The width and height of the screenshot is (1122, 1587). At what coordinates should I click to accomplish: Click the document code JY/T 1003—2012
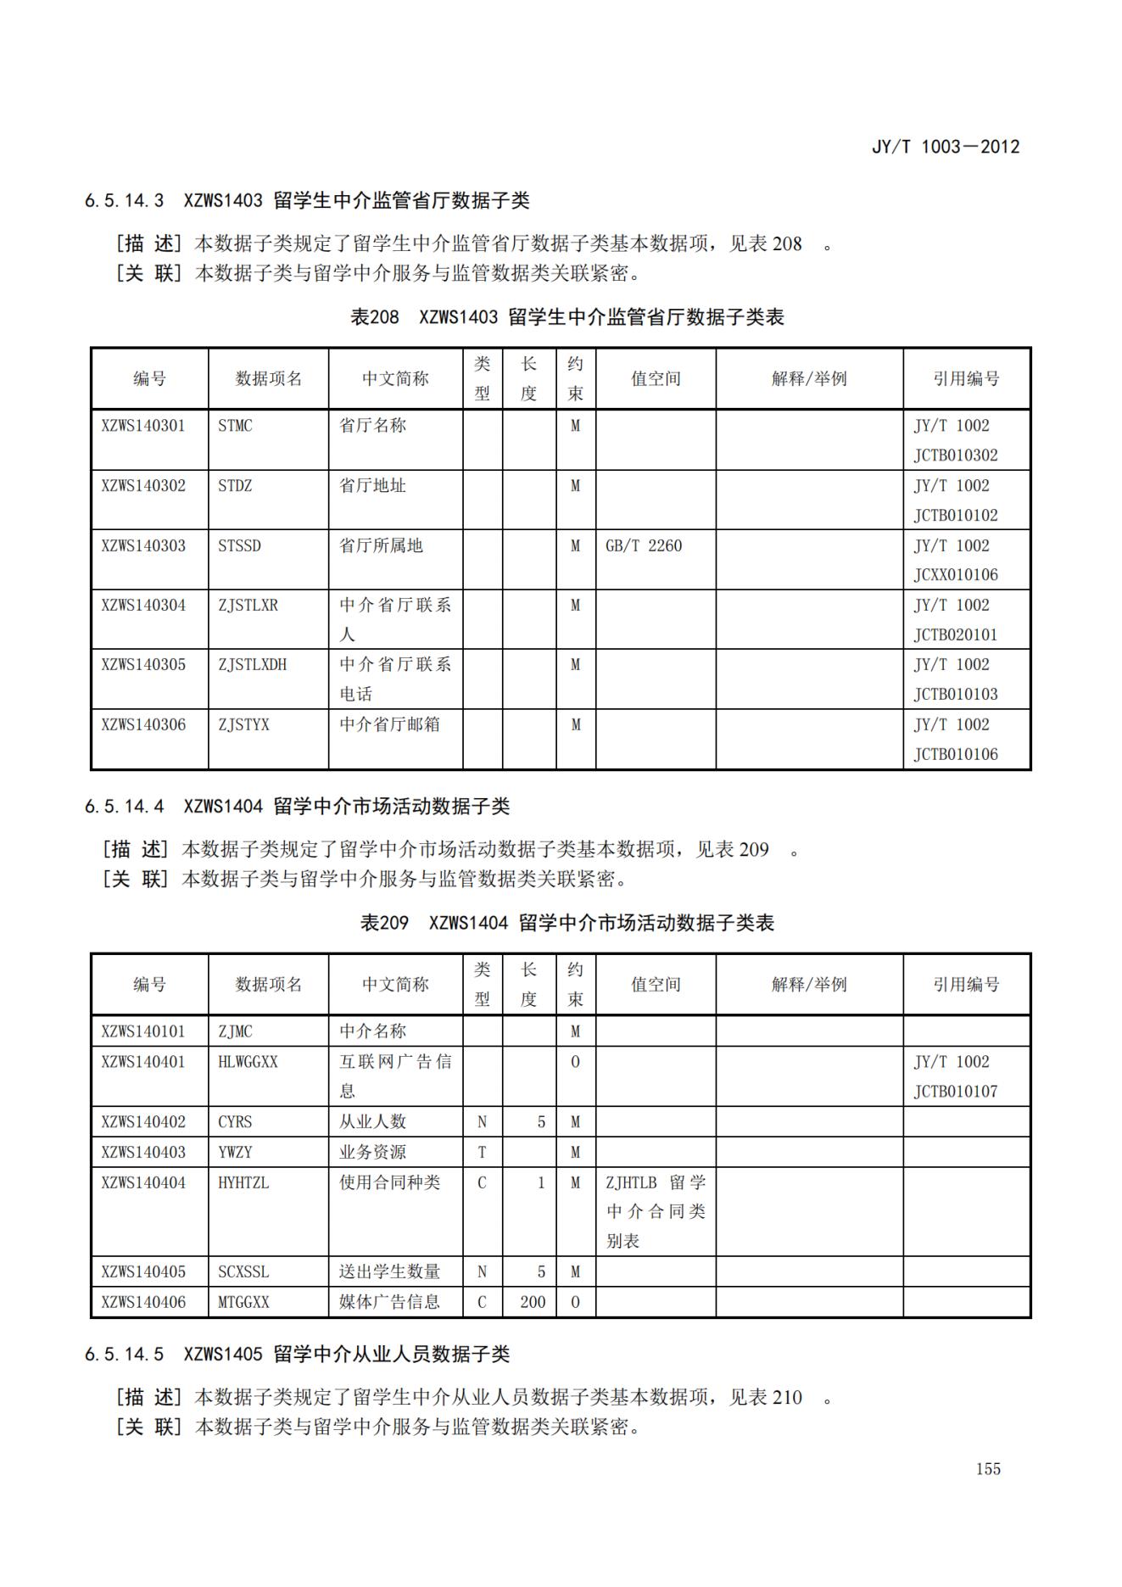tap(945, 147)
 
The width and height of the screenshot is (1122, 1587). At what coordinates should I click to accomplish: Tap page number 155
tap(988, 1468)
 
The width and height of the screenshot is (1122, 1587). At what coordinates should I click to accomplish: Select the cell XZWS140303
tap(143, 545)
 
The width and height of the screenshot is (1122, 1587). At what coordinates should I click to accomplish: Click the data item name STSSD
tap(239, 545)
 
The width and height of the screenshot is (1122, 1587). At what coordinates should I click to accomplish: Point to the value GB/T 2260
tap(643, 545)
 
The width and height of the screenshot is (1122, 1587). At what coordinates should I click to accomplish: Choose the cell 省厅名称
tap(372, 425)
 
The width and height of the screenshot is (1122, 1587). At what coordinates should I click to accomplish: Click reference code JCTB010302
tap(955, 455)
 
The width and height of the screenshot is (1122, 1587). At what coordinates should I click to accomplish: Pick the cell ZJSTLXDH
tap(252, 665)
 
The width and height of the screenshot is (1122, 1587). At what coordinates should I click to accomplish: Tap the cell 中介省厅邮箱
tap(389, 724)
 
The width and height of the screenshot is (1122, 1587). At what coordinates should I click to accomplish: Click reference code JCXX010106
tap(955, 575)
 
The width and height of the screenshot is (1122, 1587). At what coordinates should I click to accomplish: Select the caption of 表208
tap(567, 317)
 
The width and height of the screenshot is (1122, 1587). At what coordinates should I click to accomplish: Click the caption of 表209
tap(567, 923)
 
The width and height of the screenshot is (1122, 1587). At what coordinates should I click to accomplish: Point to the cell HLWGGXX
tap(248, 1062)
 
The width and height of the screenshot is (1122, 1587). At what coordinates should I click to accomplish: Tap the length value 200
tap(533, 1302)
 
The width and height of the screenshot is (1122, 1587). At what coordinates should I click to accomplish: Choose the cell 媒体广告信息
tap(389, 1302)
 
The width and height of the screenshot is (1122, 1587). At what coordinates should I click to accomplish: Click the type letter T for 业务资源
tap(482, 1152)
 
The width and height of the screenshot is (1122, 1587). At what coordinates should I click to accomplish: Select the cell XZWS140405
tap(143, 1271)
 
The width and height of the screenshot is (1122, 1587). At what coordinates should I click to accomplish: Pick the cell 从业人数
tap(372, 1121)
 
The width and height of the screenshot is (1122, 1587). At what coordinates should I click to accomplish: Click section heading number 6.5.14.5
tap(124, 1354)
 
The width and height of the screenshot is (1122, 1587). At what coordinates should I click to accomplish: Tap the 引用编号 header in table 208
tap(966, 378)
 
